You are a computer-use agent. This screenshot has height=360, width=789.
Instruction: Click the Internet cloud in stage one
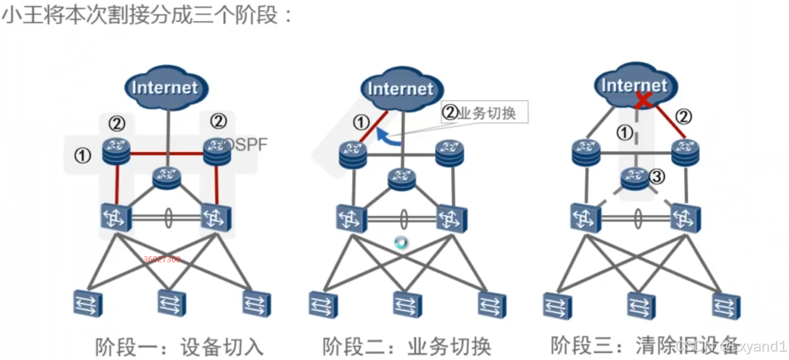pos(165,87)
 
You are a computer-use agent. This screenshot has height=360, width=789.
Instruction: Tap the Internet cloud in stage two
pos(400,88)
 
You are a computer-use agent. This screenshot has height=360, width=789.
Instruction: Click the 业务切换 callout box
pos(484,112)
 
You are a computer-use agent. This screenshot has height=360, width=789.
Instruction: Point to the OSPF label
pos(246,144)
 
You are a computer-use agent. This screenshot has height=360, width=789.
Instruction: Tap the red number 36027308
pos(162,259)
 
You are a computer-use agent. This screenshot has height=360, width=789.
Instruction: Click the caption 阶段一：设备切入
pos(179,347)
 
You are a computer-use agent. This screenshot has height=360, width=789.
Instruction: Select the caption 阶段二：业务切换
pos(407,347)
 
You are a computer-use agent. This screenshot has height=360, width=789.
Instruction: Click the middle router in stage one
pos(166,177)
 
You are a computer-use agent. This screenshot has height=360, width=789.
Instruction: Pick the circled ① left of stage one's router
pos(82,155)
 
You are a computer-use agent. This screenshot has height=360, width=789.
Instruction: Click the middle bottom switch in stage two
pos(407,305)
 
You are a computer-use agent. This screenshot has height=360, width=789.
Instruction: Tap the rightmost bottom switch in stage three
pos(726,305)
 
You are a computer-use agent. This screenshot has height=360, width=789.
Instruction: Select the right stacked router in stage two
pos(450,152)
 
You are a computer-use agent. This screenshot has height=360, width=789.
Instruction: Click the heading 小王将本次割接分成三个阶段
pos(147,15)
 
